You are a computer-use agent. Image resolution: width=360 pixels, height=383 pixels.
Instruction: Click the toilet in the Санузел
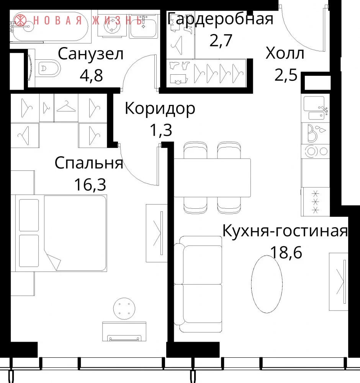point(47,68)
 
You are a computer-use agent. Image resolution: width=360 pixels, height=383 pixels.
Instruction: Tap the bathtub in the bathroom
point(50,27)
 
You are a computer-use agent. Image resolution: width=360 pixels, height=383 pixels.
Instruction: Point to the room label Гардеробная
point(221,20)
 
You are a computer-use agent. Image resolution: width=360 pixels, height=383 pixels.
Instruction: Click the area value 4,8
point(91,75)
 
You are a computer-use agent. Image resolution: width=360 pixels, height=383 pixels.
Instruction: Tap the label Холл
point(285,54)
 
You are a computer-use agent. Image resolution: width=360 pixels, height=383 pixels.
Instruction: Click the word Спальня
point(88,164)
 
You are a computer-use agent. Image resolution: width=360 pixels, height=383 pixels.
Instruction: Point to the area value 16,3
point(90,185)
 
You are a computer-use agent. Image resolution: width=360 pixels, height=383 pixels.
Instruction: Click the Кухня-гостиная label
point(285,231)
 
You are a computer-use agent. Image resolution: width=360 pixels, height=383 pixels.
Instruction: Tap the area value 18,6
point(286,252)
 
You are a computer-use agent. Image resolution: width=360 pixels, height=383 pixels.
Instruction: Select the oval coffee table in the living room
point(267,284)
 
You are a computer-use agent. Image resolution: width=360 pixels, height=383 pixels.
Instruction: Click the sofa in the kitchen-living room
point(198,284)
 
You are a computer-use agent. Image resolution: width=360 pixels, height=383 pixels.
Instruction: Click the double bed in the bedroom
point(61,233)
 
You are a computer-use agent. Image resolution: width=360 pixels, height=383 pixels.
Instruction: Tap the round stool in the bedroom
point(124,308)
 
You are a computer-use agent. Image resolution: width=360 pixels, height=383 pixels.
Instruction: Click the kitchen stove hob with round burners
point(316,151)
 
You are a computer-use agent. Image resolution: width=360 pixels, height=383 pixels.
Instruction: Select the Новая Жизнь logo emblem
point(20,20)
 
